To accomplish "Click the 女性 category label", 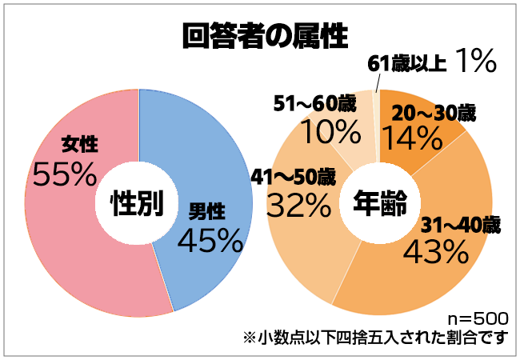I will tap(79, 145).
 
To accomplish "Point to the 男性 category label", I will tap(206, 211).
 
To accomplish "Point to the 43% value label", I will tap(435, 252).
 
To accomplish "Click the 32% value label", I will tap(299, 206).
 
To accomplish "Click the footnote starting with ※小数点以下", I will tap(375, 337).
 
